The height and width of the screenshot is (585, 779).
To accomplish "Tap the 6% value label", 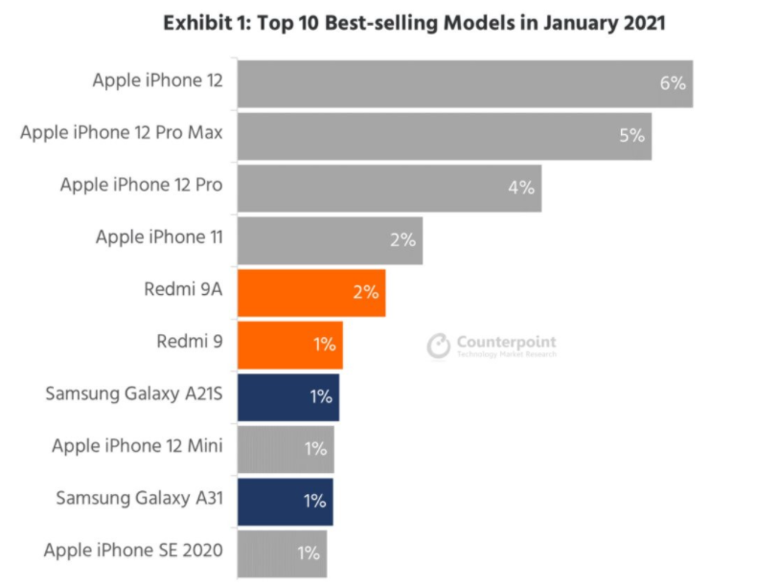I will tap(673, 83).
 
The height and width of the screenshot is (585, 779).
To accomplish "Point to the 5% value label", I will tap(631, 135).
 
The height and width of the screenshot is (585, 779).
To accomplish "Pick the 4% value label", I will tap(521, 188).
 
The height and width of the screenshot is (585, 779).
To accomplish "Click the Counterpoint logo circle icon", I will tap(438, 346).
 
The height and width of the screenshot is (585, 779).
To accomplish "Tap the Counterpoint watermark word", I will tap(506, 342).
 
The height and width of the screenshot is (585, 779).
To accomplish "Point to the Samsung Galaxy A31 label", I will tap(139, 498).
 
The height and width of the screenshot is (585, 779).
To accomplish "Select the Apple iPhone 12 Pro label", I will tap(141, 185).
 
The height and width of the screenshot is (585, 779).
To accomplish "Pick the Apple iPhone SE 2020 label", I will tap(133, 550).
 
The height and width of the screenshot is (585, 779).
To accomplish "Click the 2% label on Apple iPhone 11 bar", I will tap(402, 240).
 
